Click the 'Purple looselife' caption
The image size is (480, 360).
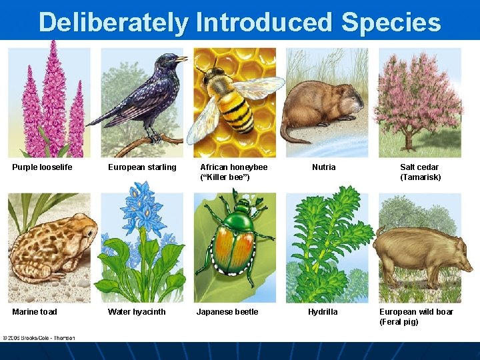(x=42, y=167)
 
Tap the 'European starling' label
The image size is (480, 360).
(x=142, y=167)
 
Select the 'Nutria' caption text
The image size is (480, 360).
(x=324, y=167)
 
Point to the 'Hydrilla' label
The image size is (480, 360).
(x=323, y=312)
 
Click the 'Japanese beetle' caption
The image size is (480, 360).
(x=227, y=312)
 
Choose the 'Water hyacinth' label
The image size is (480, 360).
(x=137, y=312)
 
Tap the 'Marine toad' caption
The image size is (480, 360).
(x=35, y=312)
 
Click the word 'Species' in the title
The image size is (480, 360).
(x=391, y=22)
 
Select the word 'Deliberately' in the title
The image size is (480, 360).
(x=113, y=22)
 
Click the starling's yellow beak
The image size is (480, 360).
(x=181, y=59)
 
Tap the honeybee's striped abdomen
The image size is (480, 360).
(x=236, y=113)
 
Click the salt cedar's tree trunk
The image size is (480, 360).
(x=407, y=141)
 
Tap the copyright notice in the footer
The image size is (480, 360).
(x=38, y=337)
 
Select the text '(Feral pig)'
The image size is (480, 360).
(x=399, y=322)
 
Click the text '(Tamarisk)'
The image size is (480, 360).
(x=420, y=177)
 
